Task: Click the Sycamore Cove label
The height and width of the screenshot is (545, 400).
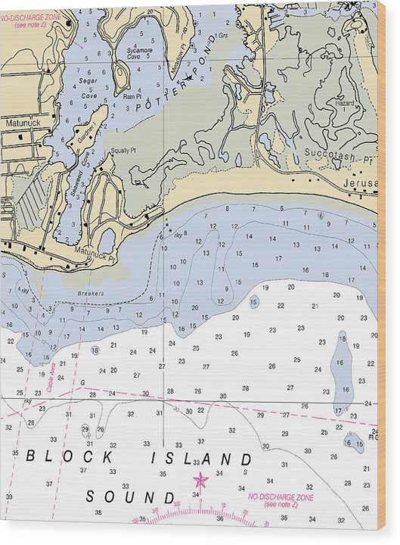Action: (x=139, y=53)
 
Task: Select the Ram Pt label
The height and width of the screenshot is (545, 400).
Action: (x=132, y=97)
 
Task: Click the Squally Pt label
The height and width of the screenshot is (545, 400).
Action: (x=123, y=151)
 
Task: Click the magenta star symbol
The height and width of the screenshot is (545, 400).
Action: (x=200, y=480)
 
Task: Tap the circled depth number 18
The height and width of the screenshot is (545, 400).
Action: (x=95, y=350)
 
